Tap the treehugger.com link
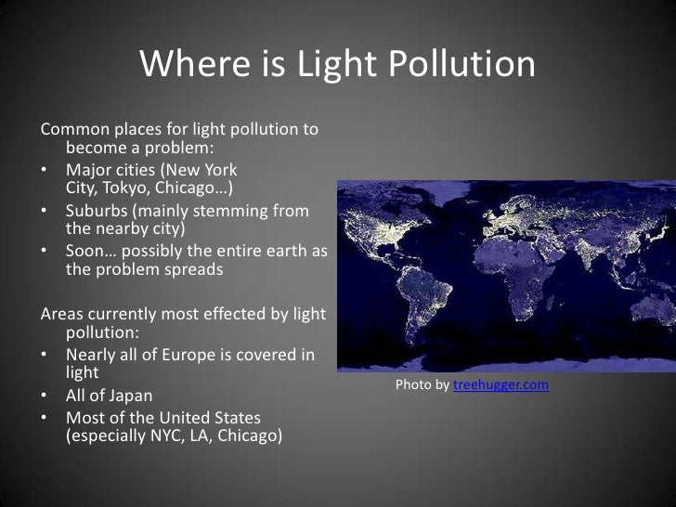(x=500, y=385)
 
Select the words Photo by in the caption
(x=422, y=385)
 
